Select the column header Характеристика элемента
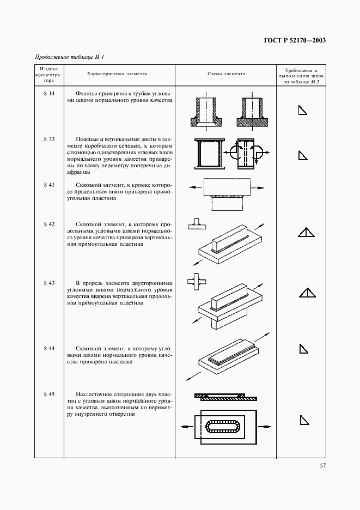(117, 74)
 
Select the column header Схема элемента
(226, 74)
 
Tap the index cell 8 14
(49, 93)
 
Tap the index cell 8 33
(49, 139)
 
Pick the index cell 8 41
(49, 185)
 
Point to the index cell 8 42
(49, 224)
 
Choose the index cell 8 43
(49, 283)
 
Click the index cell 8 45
(49, 393)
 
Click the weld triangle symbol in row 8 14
(302, 111)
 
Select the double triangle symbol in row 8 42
(307, 233)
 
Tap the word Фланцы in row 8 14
(87, 93)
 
